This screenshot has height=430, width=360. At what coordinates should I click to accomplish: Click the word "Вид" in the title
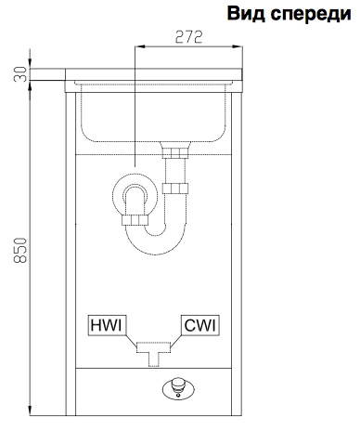pyautogui.click(x=246, y=13)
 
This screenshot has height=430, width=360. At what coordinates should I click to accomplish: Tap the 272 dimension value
pyautogui.click(x=188, y=37)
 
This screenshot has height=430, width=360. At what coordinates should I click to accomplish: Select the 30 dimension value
pyautogui.click(x=20, y=74)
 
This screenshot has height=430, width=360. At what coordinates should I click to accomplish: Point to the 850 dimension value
pyautogui.click(x=20, y=250)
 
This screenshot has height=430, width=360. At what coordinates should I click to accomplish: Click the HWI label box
pyautogui.click(x=107, y=325)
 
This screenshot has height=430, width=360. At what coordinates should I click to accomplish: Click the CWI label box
pyautogui.click(x=200, y=325)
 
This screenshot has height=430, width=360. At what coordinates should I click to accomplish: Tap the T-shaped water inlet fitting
pyautogui.click(x=154, y=352)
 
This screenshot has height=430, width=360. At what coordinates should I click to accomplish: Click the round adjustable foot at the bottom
pyautogui.click(x=178, y=387)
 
